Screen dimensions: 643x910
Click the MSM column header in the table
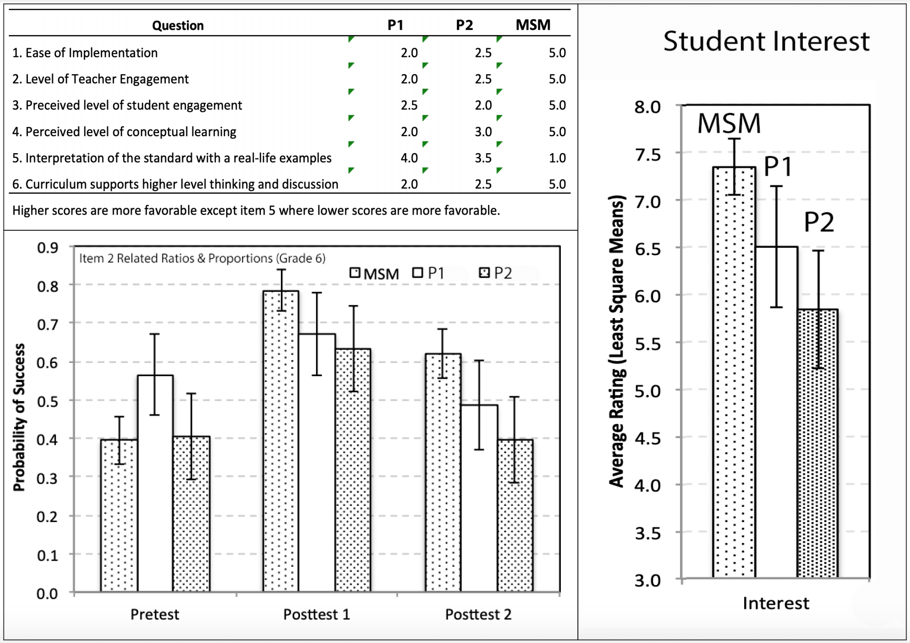[533, 25]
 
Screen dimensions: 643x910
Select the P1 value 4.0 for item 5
[409, 158]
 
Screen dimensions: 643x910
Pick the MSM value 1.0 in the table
[557, 158]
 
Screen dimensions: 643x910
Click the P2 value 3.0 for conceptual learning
[483, 132]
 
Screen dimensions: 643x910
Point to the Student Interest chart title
[766, 41]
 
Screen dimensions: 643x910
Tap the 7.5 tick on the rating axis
[647, 155]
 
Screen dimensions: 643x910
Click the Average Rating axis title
[617, 342]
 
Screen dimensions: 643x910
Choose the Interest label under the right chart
[775, 603]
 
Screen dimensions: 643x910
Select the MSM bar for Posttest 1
[281, 439]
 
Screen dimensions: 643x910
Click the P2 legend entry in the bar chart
[496, 273]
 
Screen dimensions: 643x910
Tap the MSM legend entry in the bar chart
[375, 274]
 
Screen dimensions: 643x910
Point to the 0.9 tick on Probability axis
[47, 248]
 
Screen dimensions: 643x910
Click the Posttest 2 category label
[478, 614]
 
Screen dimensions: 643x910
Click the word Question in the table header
[178, 25]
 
